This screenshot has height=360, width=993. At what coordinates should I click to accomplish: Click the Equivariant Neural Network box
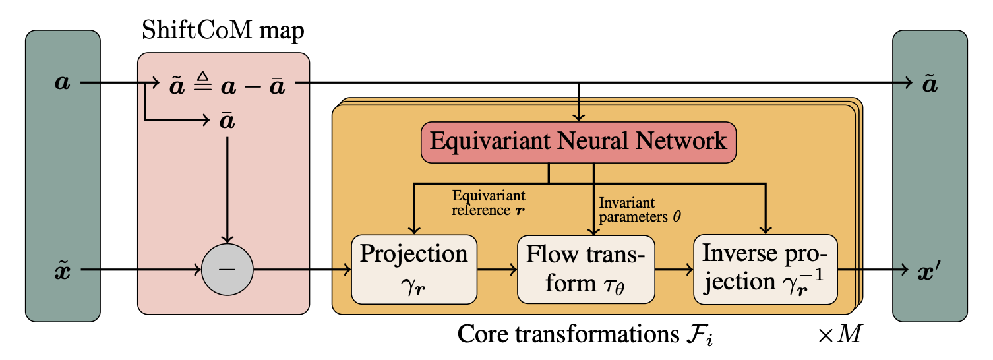(x=578, y=141)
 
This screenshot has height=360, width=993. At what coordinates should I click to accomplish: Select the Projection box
(x=413, y=269)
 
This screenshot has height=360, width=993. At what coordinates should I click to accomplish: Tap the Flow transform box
(x=586, y=269)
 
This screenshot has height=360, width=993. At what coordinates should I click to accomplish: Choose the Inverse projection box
(x=765, y=269)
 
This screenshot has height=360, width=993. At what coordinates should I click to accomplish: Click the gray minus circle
(x=227, y=270)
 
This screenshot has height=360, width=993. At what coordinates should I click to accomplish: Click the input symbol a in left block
(x=62, y=84)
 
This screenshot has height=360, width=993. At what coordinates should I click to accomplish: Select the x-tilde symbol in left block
(x=62, y=270)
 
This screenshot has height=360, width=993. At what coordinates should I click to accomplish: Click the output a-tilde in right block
(x=929, y=84)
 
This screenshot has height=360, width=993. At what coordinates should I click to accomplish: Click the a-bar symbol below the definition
(x=227, y=121)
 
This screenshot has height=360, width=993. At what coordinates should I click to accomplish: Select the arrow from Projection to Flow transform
(x=496, y=270)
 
